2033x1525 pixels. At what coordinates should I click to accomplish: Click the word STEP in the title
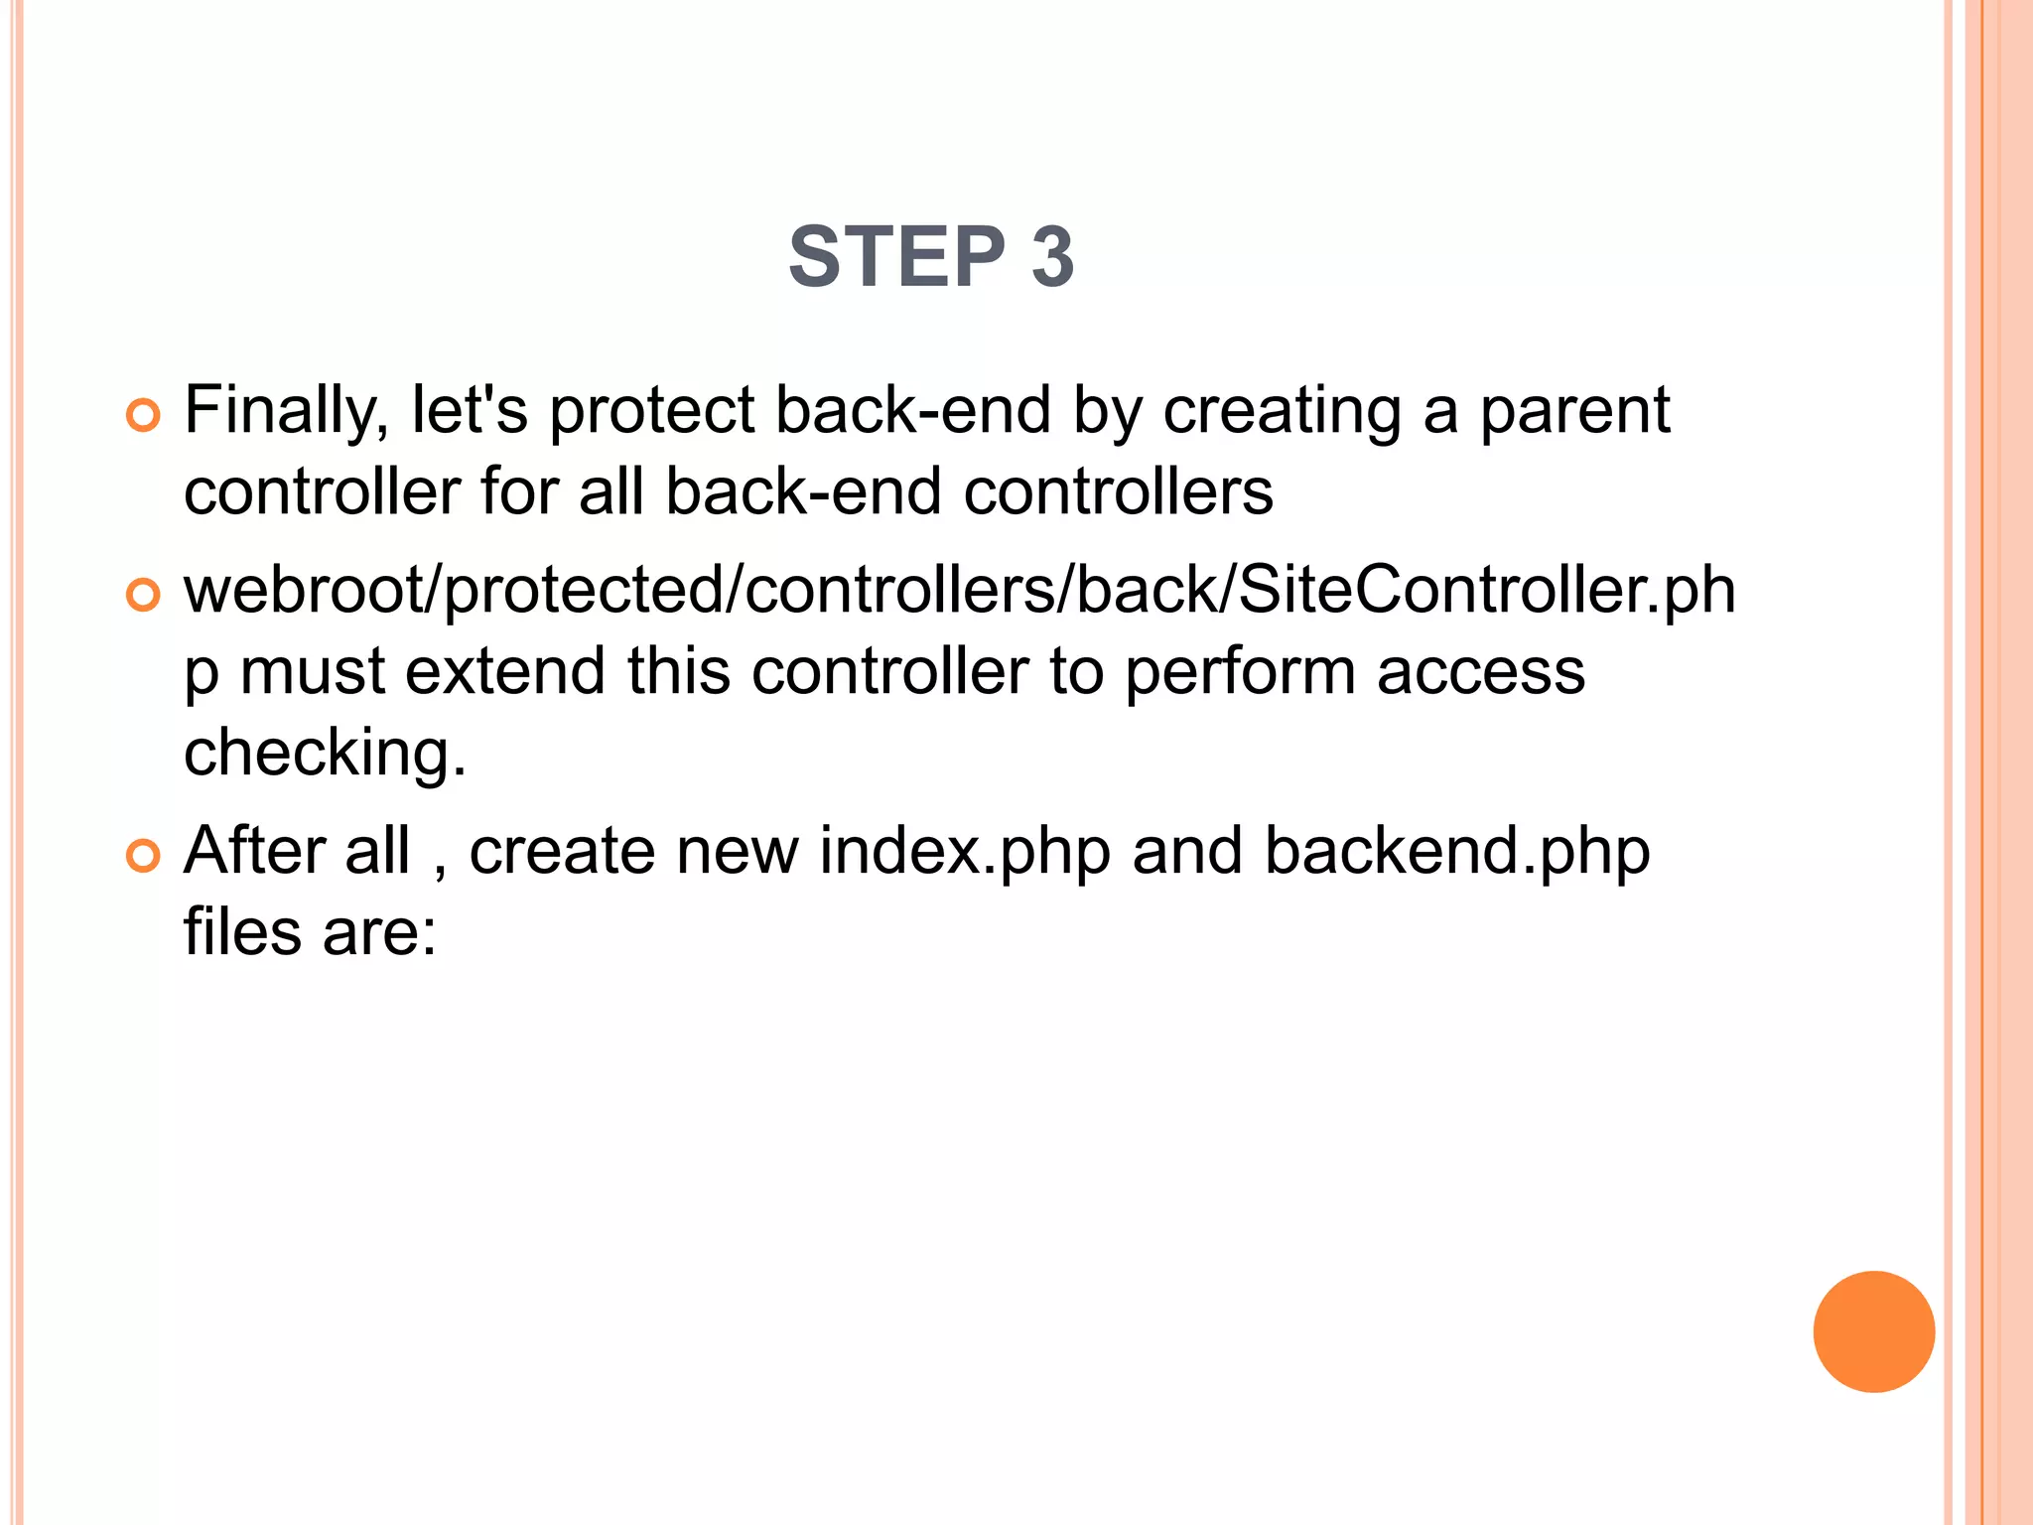(x=896, y=257)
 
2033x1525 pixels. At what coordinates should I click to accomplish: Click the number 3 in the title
(x=1052, y=257)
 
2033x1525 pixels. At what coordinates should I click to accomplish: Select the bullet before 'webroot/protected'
(x=143, y=595)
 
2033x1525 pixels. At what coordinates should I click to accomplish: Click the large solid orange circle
(x=1873, y=1331)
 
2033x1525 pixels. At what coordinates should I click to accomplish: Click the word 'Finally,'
(x=287, y=411)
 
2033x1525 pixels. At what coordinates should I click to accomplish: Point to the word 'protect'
(x=652, y=411)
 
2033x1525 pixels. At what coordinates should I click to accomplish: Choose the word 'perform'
(x=1240, y=673)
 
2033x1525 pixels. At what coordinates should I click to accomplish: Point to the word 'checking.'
(x=325, y=754)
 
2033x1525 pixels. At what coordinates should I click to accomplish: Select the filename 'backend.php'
(x=1456, y=853)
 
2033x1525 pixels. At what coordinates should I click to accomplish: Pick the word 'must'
(x=311, y=673)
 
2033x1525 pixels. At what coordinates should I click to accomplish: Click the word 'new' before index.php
(x=737, y=853)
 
